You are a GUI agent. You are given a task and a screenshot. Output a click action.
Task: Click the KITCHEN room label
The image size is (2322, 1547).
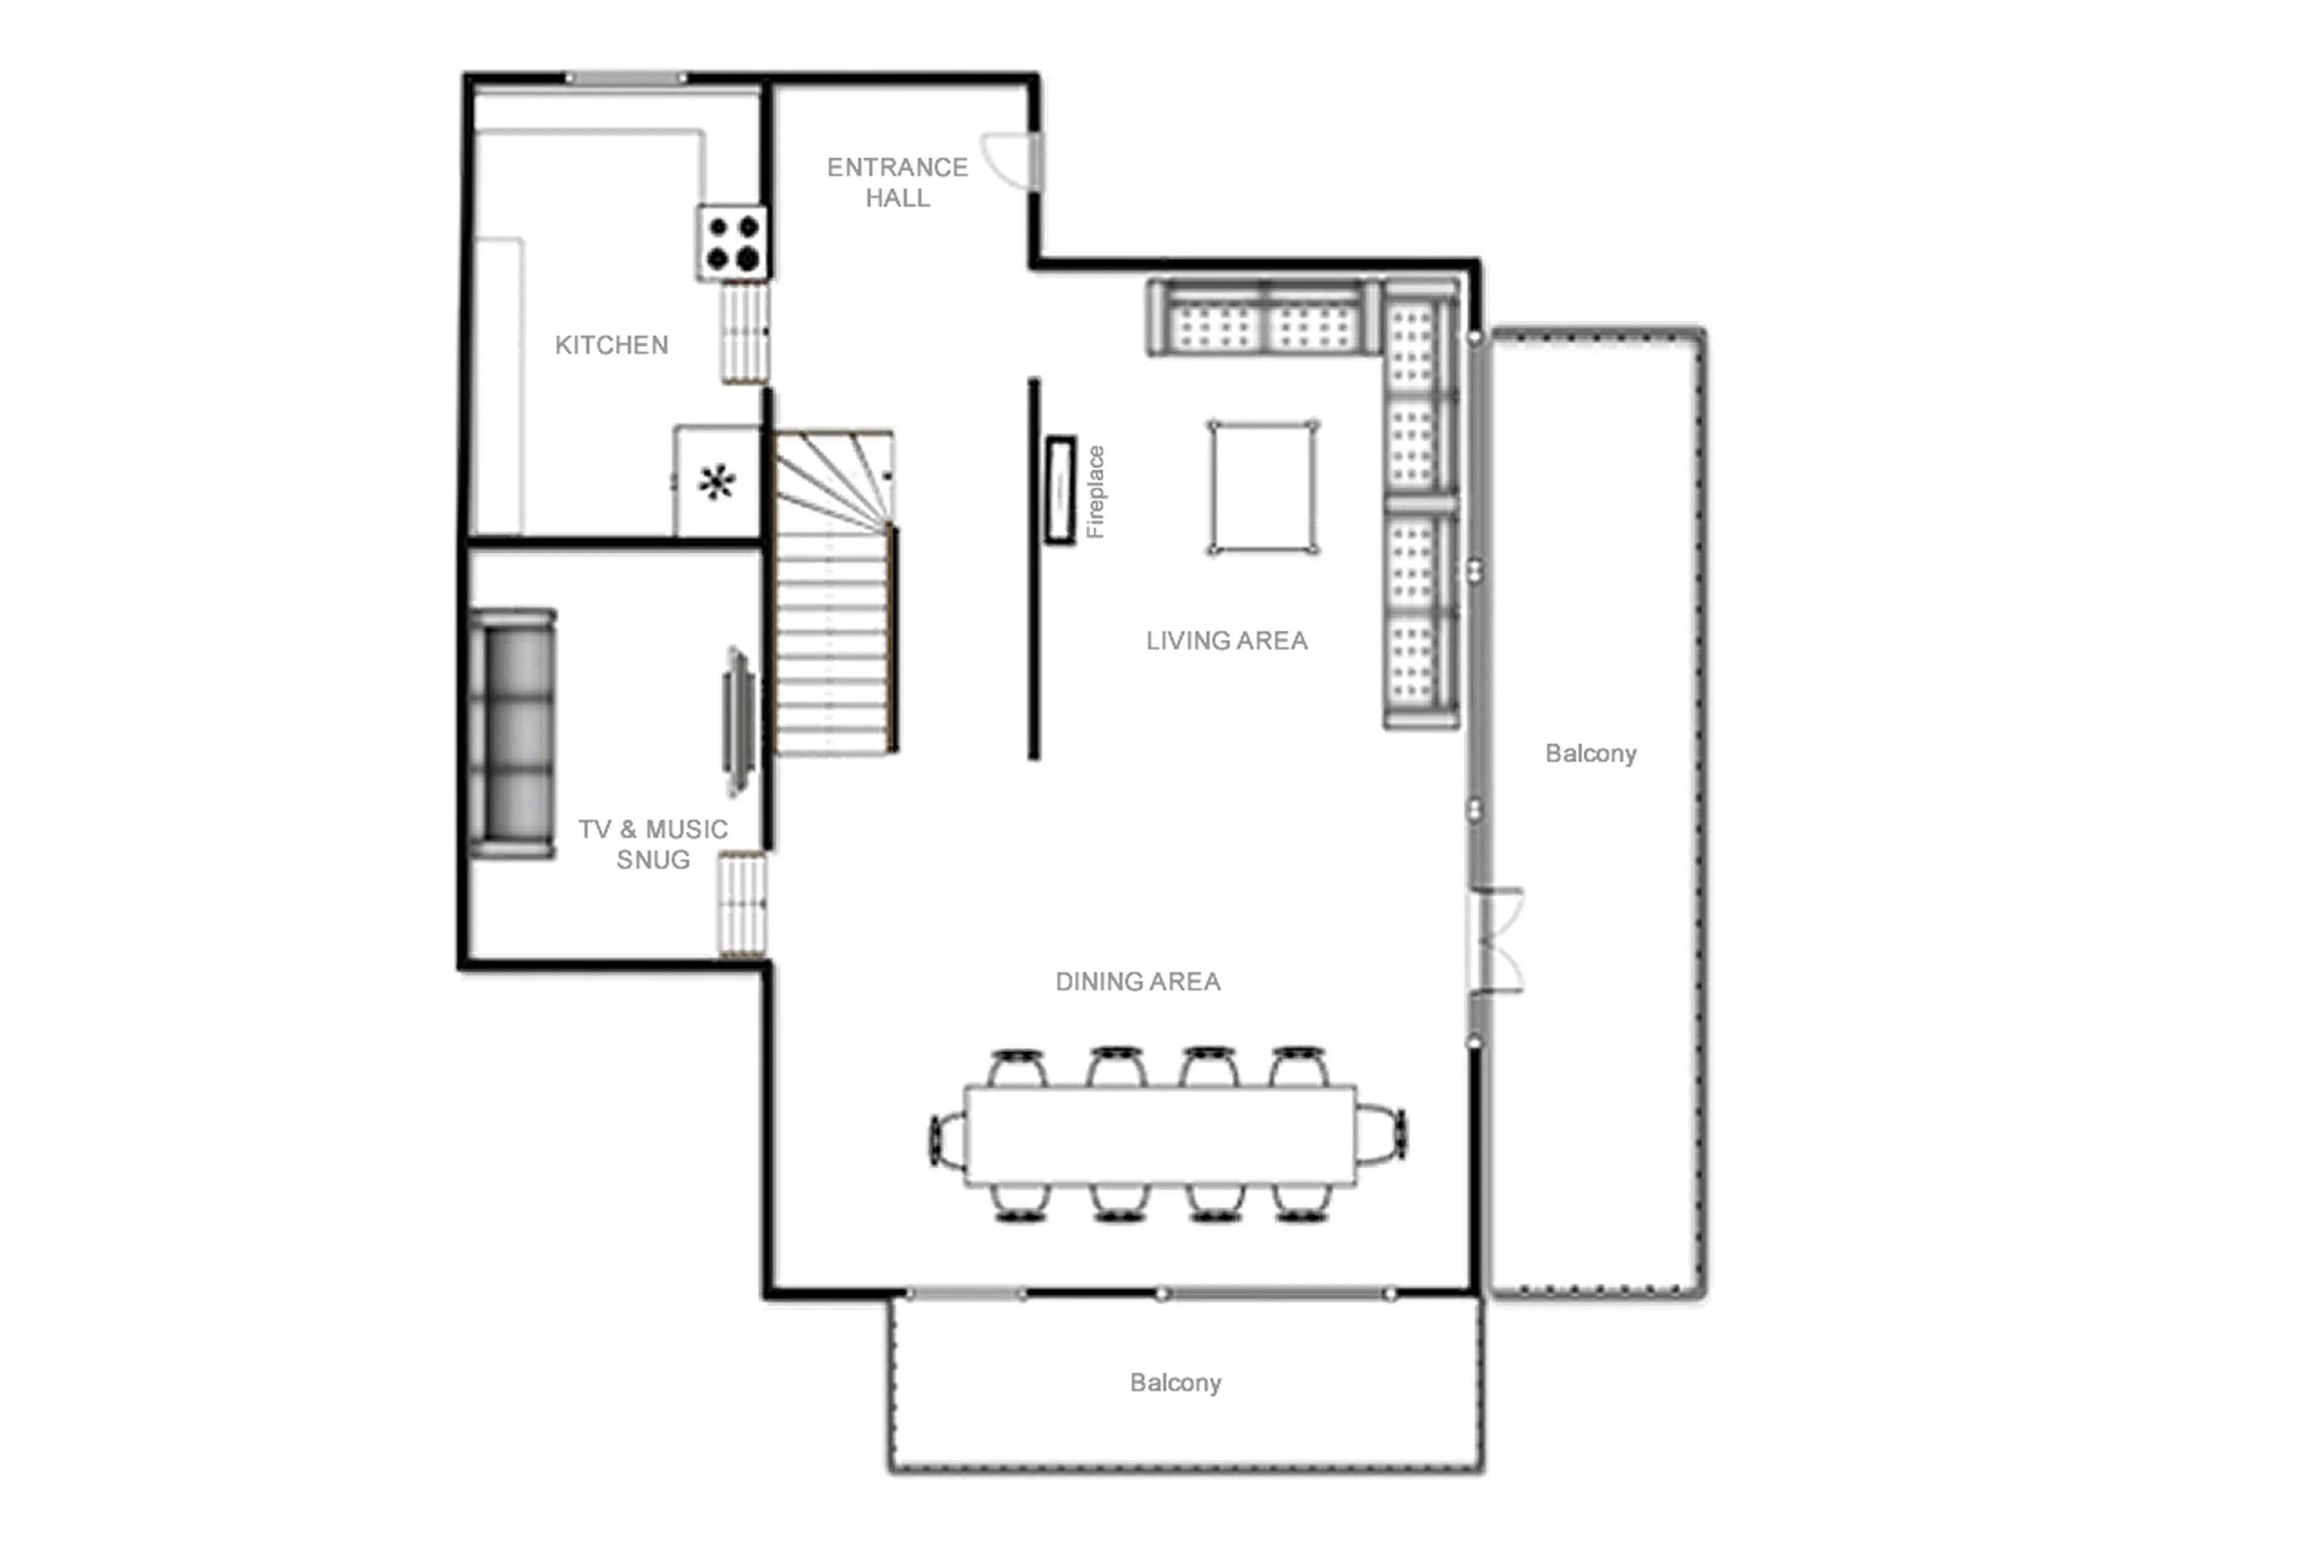(x=611, y=345)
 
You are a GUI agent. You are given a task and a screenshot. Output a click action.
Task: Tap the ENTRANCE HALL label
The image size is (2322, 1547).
(x=896, y=183)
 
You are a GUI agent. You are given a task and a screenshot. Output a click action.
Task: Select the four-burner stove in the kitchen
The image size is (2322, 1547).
(x=732, y=242)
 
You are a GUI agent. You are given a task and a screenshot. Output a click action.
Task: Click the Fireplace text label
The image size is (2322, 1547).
(x=1095, y=491)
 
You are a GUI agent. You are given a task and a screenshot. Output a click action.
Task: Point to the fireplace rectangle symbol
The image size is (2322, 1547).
(x=1061, y=489)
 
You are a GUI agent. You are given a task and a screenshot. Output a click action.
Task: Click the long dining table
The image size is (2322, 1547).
(x=1160, y=1135)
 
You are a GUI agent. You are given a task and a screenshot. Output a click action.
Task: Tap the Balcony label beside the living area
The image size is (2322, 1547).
(x=1590, y=753)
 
